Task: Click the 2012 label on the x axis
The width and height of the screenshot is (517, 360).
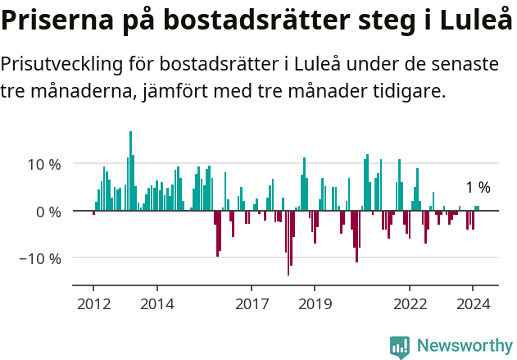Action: click(x=93, y=303)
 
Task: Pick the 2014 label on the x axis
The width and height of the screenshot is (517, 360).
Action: click(x=156, y=303)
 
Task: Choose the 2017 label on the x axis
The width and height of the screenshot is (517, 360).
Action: click(x=252, y=303)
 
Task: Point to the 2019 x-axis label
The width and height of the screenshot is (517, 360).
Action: click(x=315, y=303)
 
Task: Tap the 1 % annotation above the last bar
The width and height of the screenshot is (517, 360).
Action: click(x=478, y=188)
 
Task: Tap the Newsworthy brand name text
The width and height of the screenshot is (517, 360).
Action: click(x=464, y=346)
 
